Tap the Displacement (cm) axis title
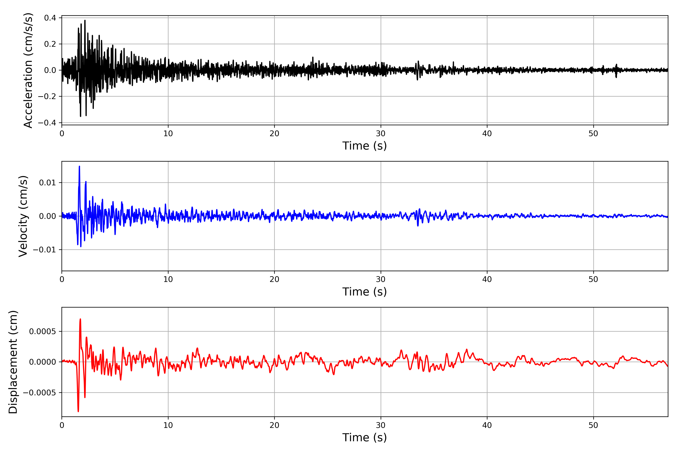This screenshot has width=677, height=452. pos(13,362)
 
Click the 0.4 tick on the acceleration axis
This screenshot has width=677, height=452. pos(50,18)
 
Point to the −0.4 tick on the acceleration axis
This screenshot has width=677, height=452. pos(47,123)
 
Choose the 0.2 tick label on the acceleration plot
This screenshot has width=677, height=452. pos(50,44)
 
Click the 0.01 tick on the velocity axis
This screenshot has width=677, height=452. pos(48,182)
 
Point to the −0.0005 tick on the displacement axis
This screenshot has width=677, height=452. pos(39,393)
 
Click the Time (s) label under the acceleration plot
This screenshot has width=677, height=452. pos(364,146)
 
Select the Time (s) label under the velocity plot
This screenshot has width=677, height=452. pos(364,292)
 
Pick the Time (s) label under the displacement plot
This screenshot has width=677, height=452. pos(364,437)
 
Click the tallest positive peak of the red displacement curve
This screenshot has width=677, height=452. pos(80,319)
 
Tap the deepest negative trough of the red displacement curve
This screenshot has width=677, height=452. pos(78,411)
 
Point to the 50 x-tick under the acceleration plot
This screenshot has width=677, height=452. pos(593,134)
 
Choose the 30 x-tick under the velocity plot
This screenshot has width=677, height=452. pos(380,279)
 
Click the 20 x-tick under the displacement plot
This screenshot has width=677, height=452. pos(274,425)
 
